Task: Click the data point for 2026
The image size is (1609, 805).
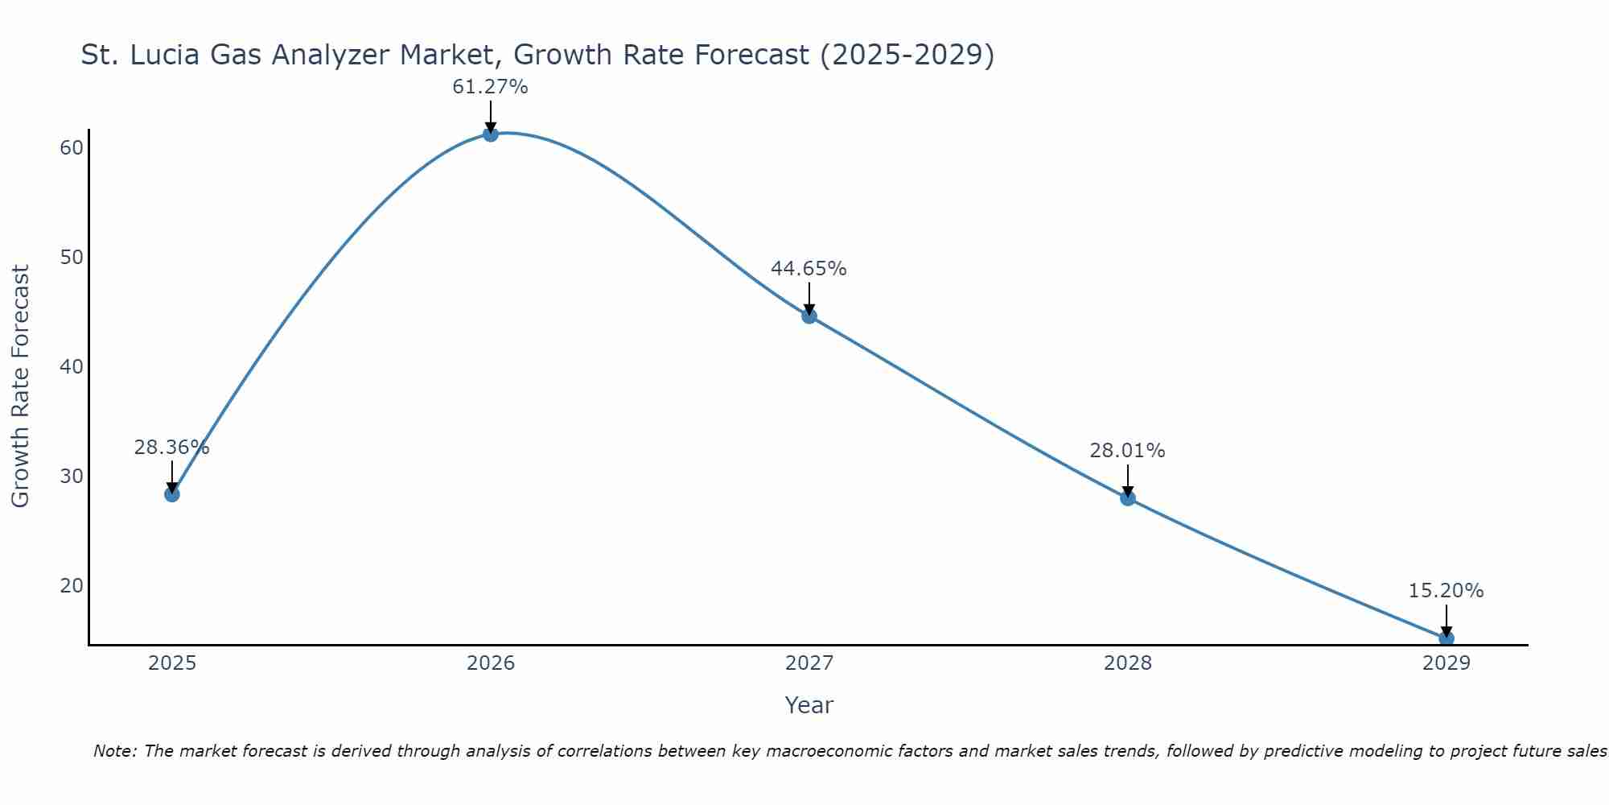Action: pyautogui.click(x=491, y=134)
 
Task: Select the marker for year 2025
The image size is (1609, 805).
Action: pyautogui.click(x=172, y=493)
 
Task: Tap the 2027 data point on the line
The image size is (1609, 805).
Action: pyautogui.click(x=809, y=316)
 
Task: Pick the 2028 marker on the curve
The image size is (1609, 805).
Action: pyautogui.click(x=1128, y=497)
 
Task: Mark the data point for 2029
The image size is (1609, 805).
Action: pyautogui.click(x=1446, y=638)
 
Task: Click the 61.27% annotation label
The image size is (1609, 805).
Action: pyautogui.click(x=490, y=87)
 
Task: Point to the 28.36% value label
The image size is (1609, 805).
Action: pyautogui.click(x=171, y=448)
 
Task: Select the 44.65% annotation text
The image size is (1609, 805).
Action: pyautogui.click(x=809, y=269)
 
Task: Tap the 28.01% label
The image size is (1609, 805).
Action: pyautogui.click(x=1127, y=451)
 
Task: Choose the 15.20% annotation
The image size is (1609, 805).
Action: pyautogui.click(x=1446, y=591)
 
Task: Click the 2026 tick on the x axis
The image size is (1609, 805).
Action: pyautogui.click(x=491, y=663)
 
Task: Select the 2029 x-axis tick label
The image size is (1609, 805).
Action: pyautogui.click(x=1446, y=663)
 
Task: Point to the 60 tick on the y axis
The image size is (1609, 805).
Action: pyautogui.click(x=72, y=148)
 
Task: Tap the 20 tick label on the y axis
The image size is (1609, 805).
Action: pyautogui.click(x=72, y=585)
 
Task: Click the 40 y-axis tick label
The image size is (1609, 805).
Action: pyautogui.click(x=72, y=367)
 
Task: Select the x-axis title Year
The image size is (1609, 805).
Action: pyautogui.click(x=809, y=705)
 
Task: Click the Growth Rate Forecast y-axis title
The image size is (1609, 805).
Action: pyautogui.click(x=21, y=386)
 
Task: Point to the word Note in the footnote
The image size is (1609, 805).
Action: pyautogui.click(x=114, y=752)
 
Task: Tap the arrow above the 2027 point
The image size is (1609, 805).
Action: pyautogui.click(x=809, y=299)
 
